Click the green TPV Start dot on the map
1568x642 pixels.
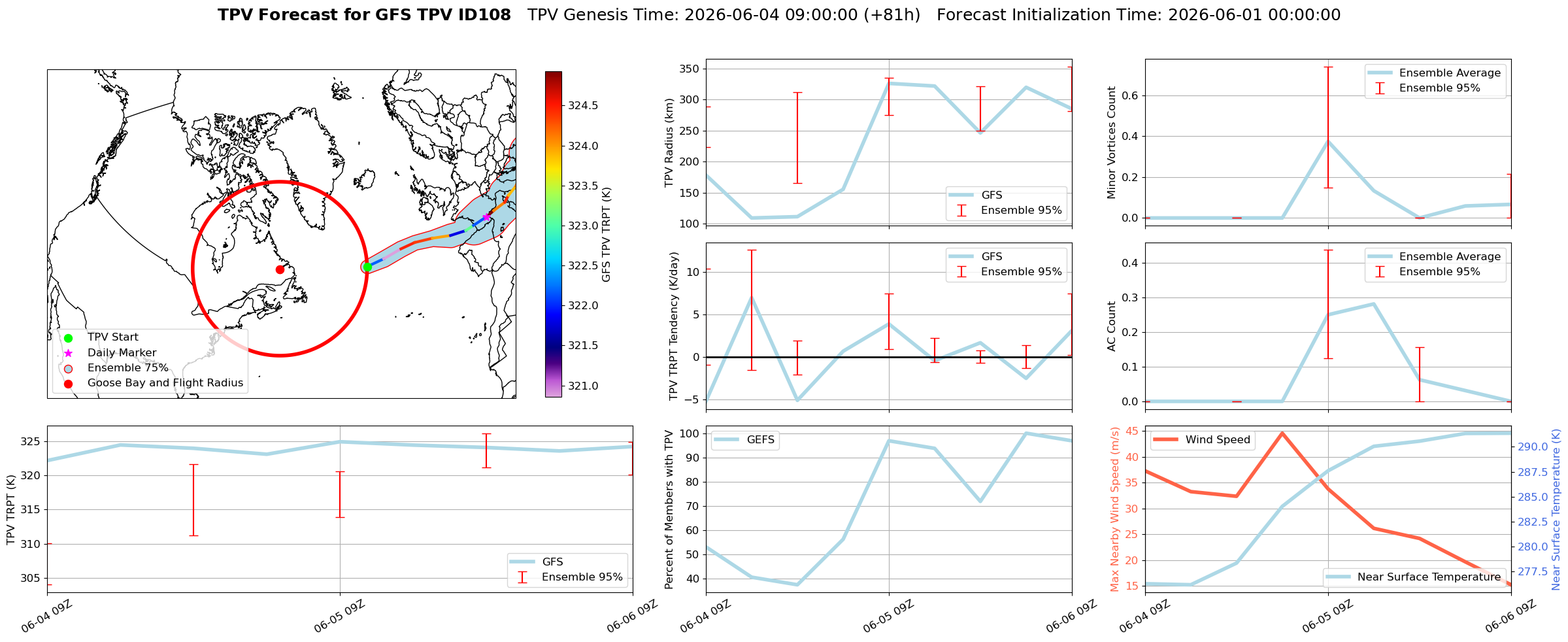367,267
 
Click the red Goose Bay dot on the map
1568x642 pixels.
280,269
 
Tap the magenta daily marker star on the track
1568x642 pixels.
486,216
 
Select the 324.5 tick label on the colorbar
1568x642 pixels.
583,106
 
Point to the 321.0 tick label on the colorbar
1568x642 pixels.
583,386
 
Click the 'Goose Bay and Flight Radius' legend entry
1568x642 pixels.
165,383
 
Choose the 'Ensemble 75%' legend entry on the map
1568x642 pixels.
128,368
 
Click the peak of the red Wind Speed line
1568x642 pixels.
1282,433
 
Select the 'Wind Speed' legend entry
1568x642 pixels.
1218,440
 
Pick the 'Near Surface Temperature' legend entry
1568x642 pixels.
1429,577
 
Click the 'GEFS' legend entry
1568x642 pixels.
760,440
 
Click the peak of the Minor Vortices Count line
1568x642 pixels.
1328,141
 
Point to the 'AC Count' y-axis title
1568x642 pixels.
1112,326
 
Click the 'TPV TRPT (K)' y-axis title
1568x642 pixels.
11,510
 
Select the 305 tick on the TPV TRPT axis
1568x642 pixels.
30,579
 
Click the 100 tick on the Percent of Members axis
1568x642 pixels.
689,434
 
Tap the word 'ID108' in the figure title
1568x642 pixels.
485,15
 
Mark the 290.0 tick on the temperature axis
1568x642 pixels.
1533,447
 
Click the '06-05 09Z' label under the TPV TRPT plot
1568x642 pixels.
339,616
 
